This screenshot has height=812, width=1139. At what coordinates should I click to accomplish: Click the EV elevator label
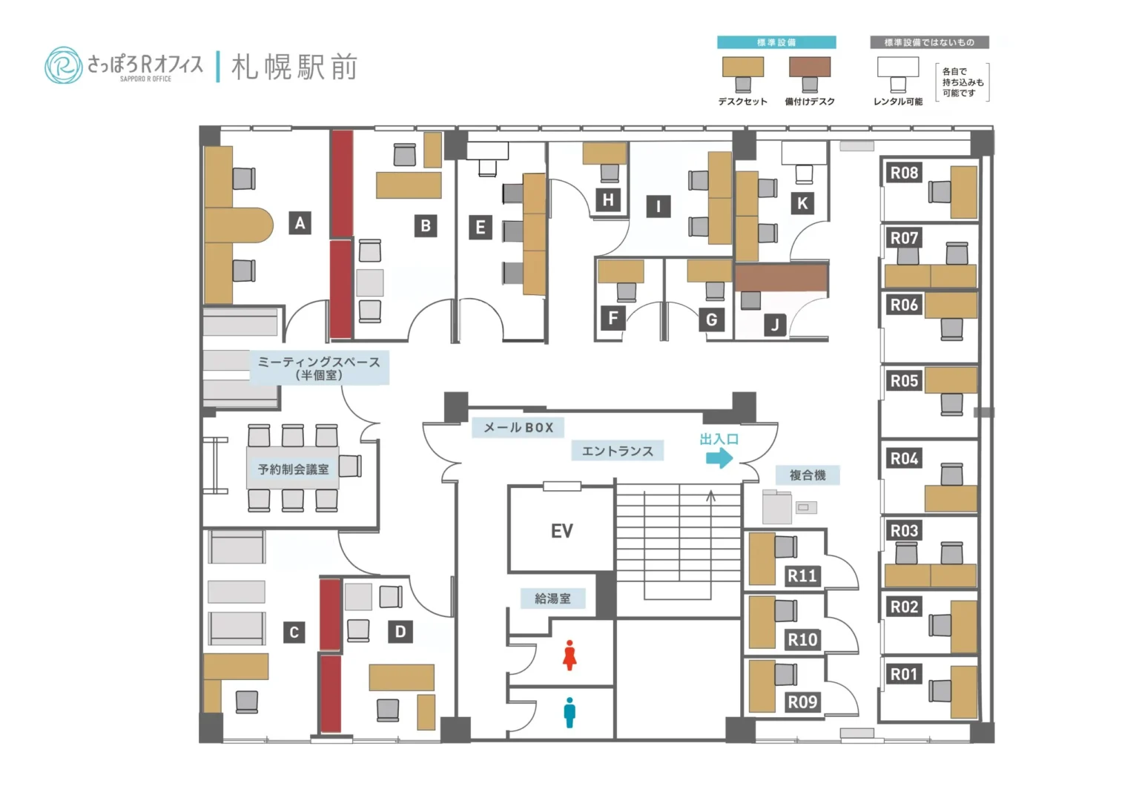[561, 531]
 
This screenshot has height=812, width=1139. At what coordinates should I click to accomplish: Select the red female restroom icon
[569, 655]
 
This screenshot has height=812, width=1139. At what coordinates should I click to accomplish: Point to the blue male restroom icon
[569, 712]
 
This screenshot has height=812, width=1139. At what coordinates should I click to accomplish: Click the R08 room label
[904, 173]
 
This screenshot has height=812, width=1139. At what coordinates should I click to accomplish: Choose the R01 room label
[904, 674]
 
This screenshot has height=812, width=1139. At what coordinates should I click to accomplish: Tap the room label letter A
[300, 222]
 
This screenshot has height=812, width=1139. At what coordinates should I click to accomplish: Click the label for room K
[802, 203]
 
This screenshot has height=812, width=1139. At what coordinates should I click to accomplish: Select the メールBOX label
[518, 428]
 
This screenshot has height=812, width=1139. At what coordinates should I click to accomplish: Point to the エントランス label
[617, 451]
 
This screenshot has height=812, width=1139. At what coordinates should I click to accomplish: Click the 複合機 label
[808, 475]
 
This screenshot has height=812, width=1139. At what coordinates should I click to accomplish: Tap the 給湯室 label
[552, 598]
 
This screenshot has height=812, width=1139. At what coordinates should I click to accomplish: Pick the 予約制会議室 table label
[293, 469]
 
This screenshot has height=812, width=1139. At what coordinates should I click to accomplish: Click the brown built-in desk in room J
[781, 277]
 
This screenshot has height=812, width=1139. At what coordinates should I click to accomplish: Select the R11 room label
[802, 575]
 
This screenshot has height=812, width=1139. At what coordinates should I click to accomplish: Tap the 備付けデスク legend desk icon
[810, 67]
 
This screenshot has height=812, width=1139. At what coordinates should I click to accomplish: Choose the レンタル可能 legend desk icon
[898, 67]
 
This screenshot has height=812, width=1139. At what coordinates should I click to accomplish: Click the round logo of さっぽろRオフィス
[63, 66]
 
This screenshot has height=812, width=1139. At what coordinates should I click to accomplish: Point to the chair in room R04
[951, 475]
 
